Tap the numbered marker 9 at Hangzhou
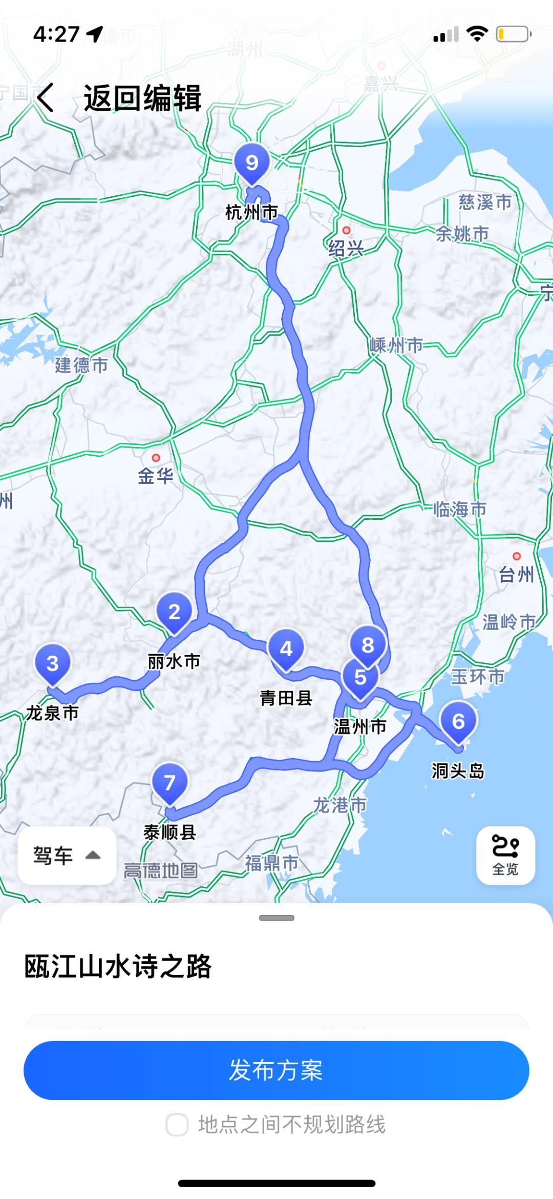[x=252, y=164]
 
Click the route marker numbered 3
[x=52, y=664]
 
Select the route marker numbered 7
[x=169, y=783]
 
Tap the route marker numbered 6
[x=458, y=722]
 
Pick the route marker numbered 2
[x=174, y=612]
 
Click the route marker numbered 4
[x=286, y=649]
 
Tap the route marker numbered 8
[x=368, y=645]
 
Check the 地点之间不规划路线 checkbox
[x=177, y=1125]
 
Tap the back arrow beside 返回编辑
[x=45, y=97]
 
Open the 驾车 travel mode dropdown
[x=67, y=856]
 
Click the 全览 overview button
[x=505, y=856]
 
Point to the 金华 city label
[x=156, y=476]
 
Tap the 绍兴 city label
[x=346, y=249]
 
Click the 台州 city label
[x=516, y=575]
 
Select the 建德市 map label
[x=82, y=365]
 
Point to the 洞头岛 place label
[x=458, y=770]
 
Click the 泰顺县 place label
[x=169, y=832]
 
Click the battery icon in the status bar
[x=513, y=34]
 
